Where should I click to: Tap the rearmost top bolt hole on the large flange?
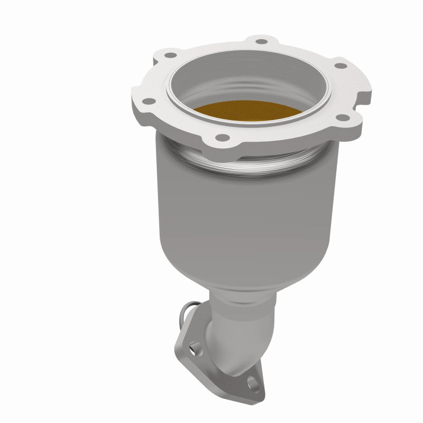point(261,40)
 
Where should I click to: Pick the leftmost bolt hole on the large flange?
point(149,101)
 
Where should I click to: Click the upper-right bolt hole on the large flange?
point(341,66)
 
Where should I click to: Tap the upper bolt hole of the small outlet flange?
point(196,347)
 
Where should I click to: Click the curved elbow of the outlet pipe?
point(233,338)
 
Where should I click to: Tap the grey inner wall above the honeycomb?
point(249,79)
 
